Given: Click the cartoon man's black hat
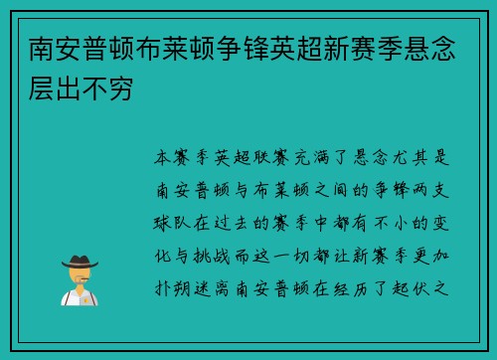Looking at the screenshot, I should tap(79, 261).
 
